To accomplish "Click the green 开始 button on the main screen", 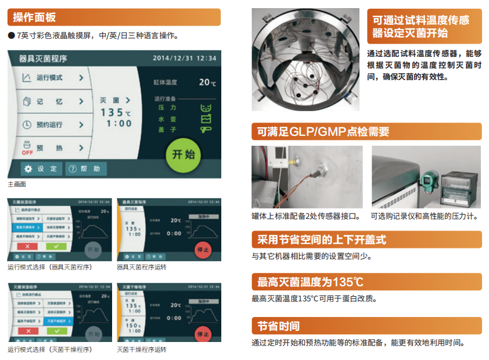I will pyautogui.click(x=184, y=154).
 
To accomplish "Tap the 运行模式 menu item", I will pyautogui.click(x=52, y=78).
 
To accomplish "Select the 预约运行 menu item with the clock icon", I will pyautogui.click(x=52, y=125).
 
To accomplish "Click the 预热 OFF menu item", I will pyautogui.click(x=52, y=148).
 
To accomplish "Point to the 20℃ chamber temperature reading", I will pyautogui.click(x=207, y=82).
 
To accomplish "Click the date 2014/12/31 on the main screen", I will pyautogui.click(x=172, y=59).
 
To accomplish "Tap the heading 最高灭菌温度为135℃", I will pyautogui.click(x=311, y=282).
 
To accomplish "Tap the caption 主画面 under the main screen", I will pyautogui.click(x=17, y=184).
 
